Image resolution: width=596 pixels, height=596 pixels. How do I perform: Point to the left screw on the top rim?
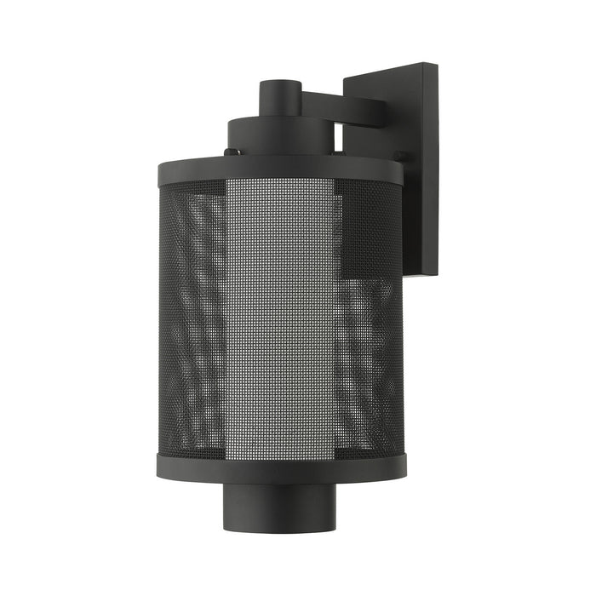tap(228, 153)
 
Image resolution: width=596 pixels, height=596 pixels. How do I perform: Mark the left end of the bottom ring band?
tap(159, 465)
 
